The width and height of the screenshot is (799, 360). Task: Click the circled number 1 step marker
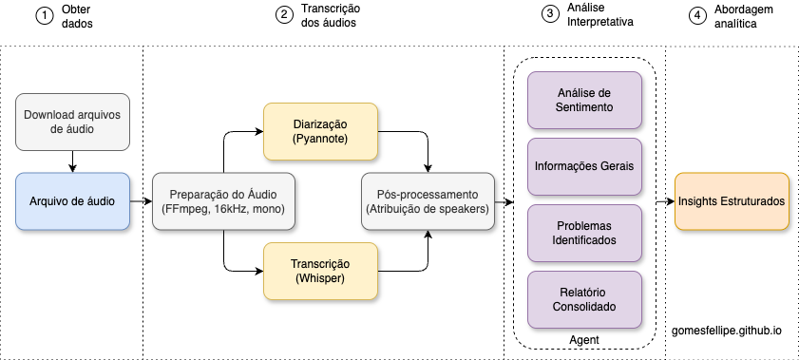(42, 16)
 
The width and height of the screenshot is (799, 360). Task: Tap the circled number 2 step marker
(284, 16)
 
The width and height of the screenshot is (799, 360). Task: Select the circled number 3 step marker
(550, 16)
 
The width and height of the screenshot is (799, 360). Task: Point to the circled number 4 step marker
(698, 16)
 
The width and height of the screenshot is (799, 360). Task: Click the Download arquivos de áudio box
(72, 123)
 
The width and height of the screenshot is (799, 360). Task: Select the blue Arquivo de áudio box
(72, 200)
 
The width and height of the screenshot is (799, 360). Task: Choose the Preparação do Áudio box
(222, 200)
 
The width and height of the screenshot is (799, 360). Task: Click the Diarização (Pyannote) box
(320, 130)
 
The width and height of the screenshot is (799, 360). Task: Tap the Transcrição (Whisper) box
(320, 271)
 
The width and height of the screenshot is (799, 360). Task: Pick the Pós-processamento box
(428, 200)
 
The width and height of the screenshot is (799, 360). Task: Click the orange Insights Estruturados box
(732, 200)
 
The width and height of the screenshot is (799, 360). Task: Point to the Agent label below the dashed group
(583, 338)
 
